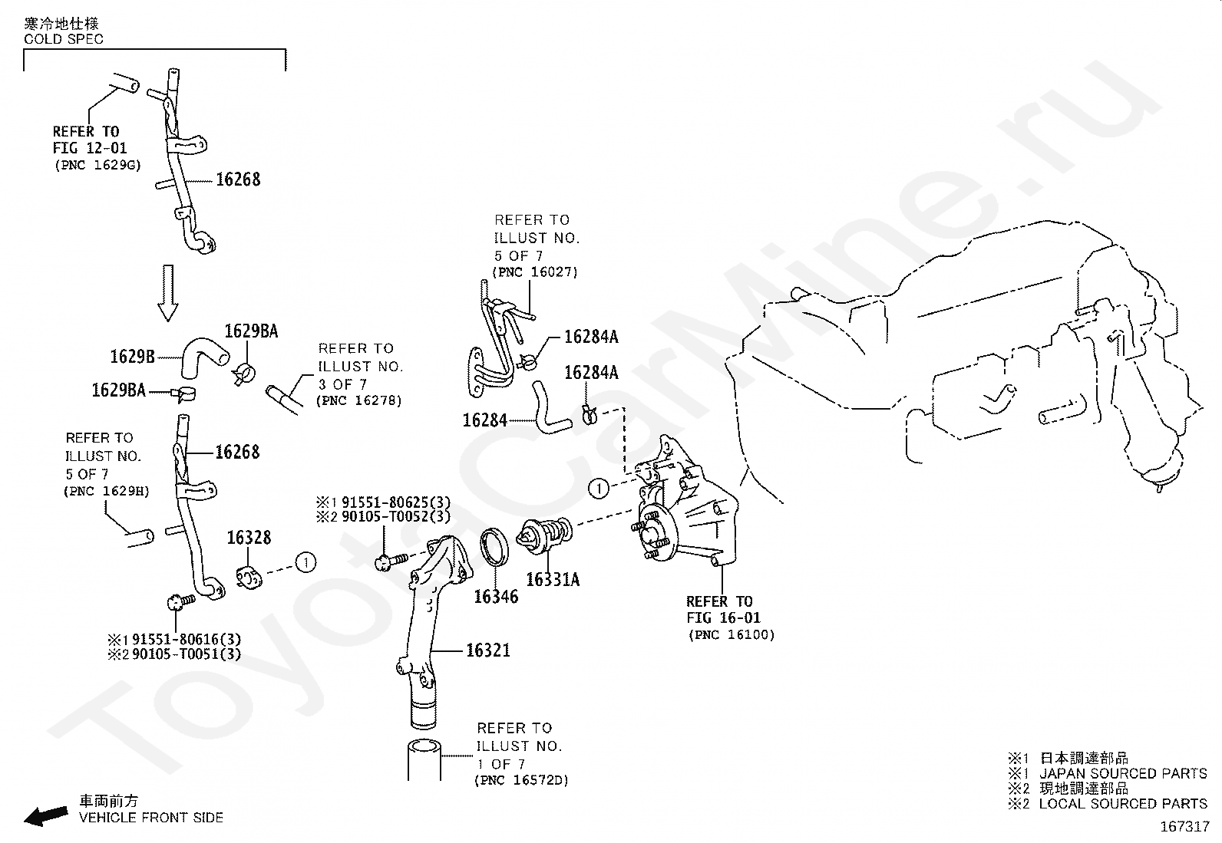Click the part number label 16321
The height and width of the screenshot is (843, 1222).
(487, 650)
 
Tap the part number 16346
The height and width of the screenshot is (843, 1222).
(496, 597)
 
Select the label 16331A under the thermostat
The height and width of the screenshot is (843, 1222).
(553, 579)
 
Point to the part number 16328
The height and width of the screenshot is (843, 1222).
(249, 538)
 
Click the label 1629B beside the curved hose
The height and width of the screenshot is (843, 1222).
(133, 357)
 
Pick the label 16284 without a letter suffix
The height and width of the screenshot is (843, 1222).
(484, 420)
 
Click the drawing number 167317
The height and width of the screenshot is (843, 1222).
(1185, 827)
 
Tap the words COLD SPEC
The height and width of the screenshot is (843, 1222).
(64, 39)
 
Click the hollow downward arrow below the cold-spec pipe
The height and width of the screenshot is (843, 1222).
(168, 293)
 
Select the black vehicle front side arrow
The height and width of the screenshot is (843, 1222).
(46, 815)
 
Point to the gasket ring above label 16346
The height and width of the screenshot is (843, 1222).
(494, 547)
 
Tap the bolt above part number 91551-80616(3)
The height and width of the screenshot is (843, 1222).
(181, 601)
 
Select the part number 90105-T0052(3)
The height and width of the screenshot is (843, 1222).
(396, 516)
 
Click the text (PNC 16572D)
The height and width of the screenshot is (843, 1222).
(521, 780)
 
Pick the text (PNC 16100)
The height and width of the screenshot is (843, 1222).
(732, 634)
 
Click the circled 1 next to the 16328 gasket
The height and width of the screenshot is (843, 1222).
(305, 562)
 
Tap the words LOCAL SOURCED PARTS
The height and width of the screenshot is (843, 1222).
(1123, 804)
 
